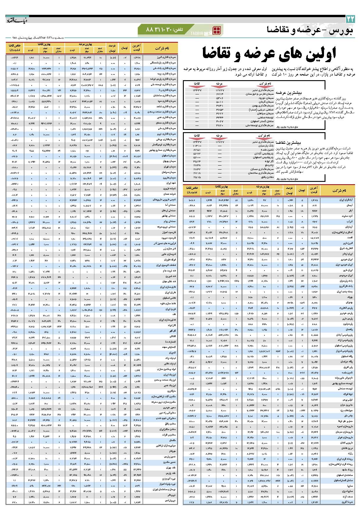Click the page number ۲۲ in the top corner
pyautogui.click(x=350, y=19)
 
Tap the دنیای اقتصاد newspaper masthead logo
pyautogui.click(x=17, y=20)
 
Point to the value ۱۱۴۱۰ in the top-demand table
pyautogui.click(x=197, y=146)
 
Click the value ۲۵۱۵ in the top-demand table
pyautogui.click(x=197, y=177)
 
